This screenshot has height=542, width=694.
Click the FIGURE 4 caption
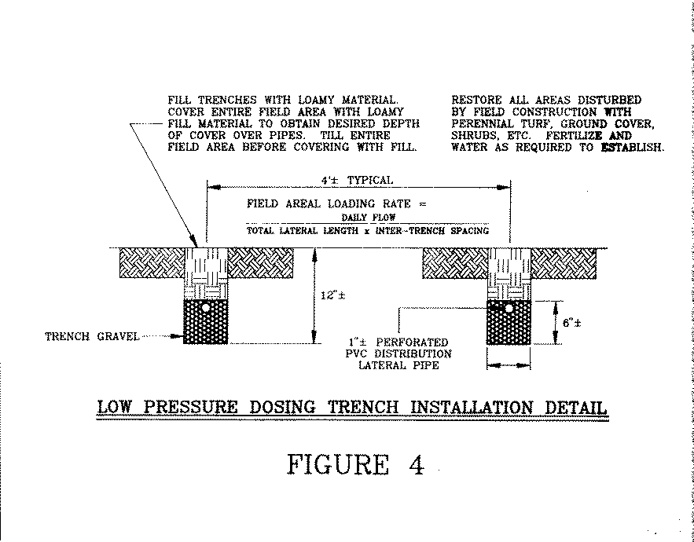pos(356,464)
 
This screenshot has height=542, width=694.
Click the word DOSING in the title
pos(282,407)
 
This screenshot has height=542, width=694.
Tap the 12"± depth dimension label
pos(332,295)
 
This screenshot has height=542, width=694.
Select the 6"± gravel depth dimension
pos(572,323)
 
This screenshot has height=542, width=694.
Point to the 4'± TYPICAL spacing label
pos(357,181)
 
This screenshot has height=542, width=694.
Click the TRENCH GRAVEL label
pos(92,337)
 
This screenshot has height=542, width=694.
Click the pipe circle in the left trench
pos(206,307)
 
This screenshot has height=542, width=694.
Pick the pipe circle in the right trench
pos(509,309)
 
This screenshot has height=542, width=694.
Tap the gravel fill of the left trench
pos(206,322)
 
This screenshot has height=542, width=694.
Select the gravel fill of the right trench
pos(509,323)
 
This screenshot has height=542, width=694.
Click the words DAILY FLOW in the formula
pos(369,218)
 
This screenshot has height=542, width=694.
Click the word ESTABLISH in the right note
pos(633,148)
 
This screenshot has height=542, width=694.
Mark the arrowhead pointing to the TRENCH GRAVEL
pos(177,336)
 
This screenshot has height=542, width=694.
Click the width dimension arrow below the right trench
pos(509,365)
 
